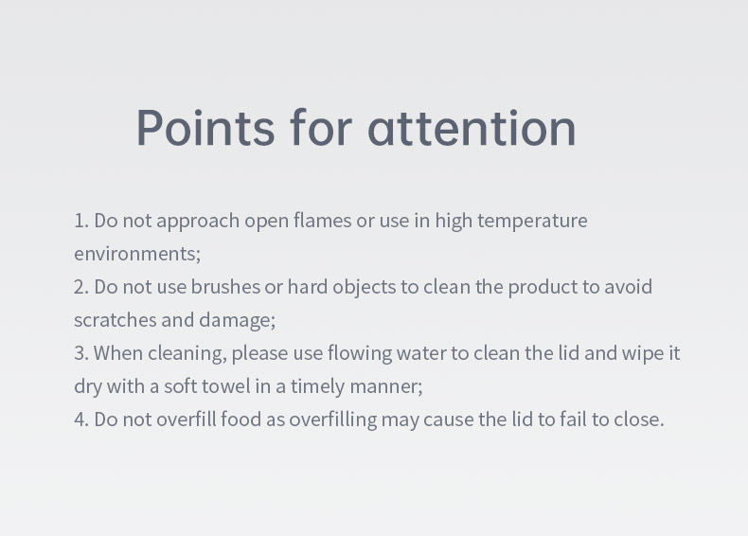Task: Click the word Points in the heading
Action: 205,128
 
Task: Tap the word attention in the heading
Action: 472,128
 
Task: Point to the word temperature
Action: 532,222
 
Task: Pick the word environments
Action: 137,254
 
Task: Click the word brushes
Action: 225,286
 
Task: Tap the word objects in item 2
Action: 364,288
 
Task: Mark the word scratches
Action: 115,320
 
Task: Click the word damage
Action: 237,321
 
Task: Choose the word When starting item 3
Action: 118,353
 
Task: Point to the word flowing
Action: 360,354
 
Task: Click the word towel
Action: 225,386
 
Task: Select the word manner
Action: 386,387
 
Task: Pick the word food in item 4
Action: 240,420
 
